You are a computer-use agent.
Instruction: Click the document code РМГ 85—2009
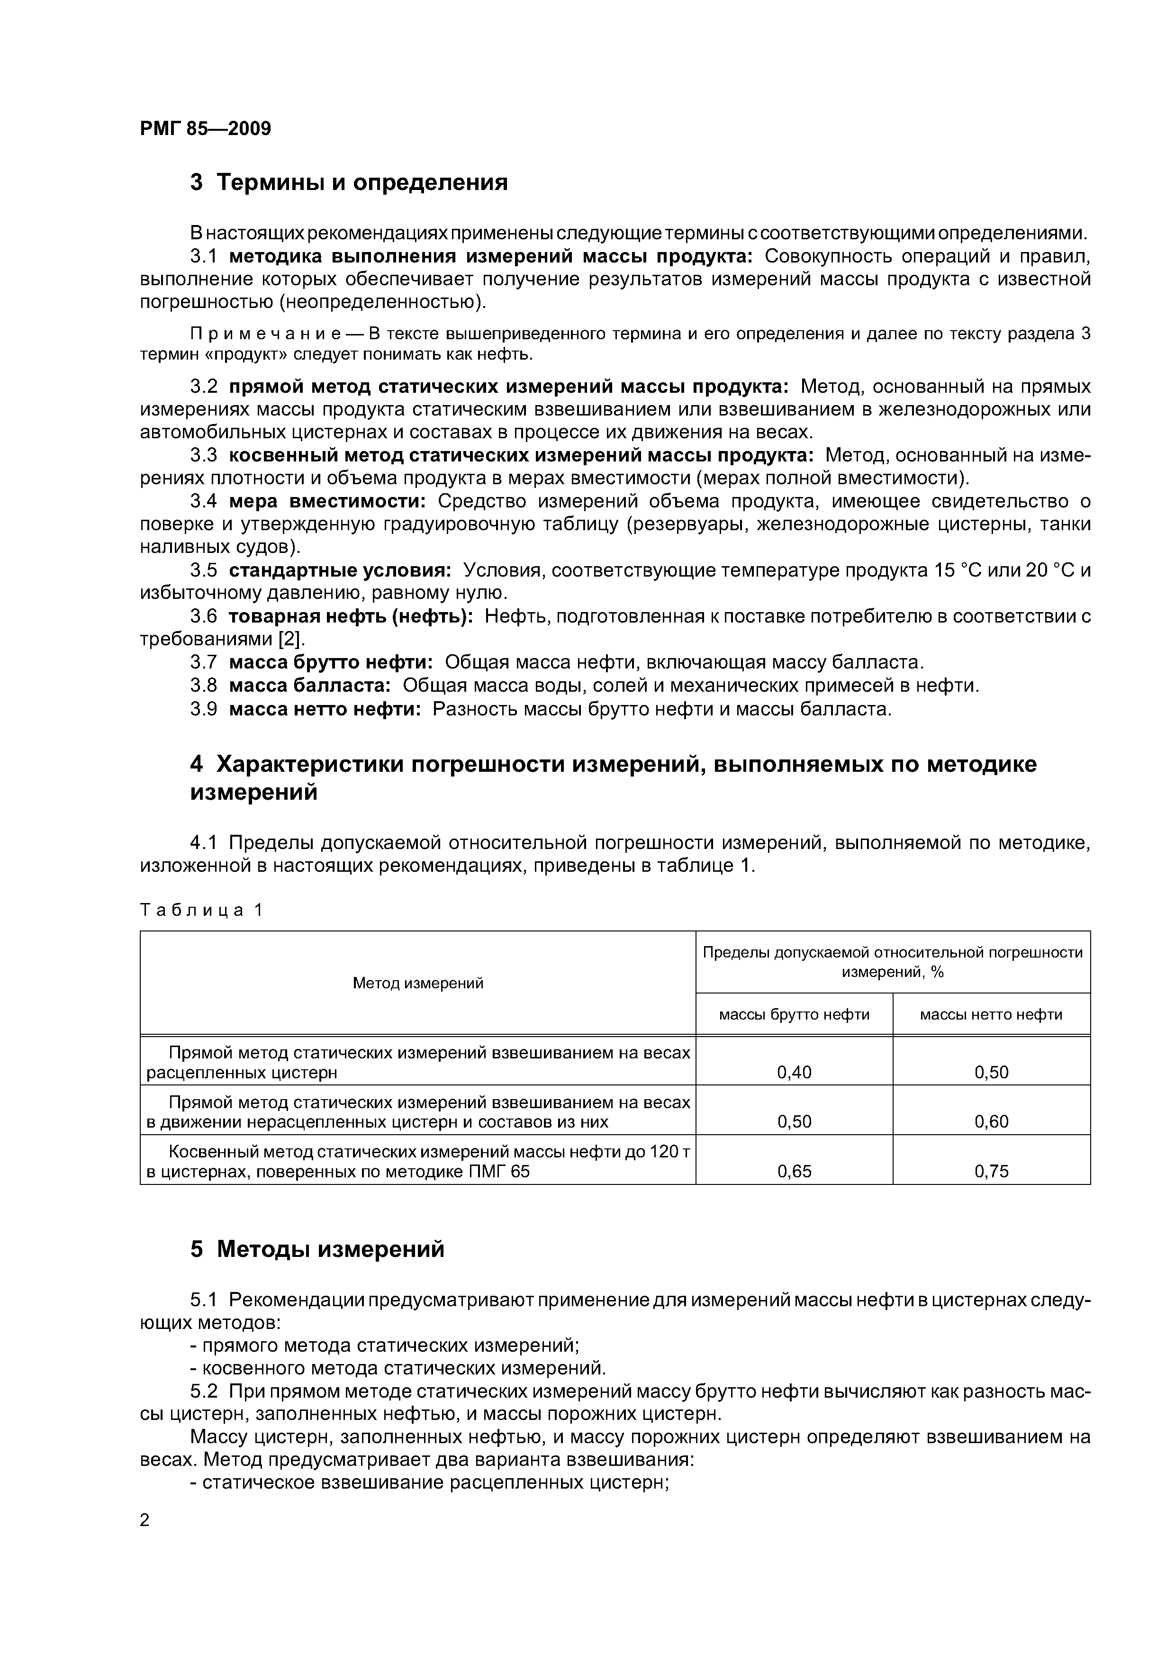click(206, 129)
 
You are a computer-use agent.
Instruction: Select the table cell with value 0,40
click(794, 1072)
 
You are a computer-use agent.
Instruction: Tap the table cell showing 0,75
click(991, 1171)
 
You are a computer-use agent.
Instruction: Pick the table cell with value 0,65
click(794, 1171)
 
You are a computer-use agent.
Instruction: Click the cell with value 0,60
click(991, 1122)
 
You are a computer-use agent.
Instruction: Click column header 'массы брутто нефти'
click(794, 1015)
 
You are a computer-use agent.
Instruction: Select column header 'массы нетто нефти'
click(991, 1015)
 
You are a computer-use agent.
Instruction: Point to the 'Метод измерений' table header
click(418, 983)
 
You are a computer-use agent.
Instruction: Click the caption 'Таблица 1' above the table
click(202, 910)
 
